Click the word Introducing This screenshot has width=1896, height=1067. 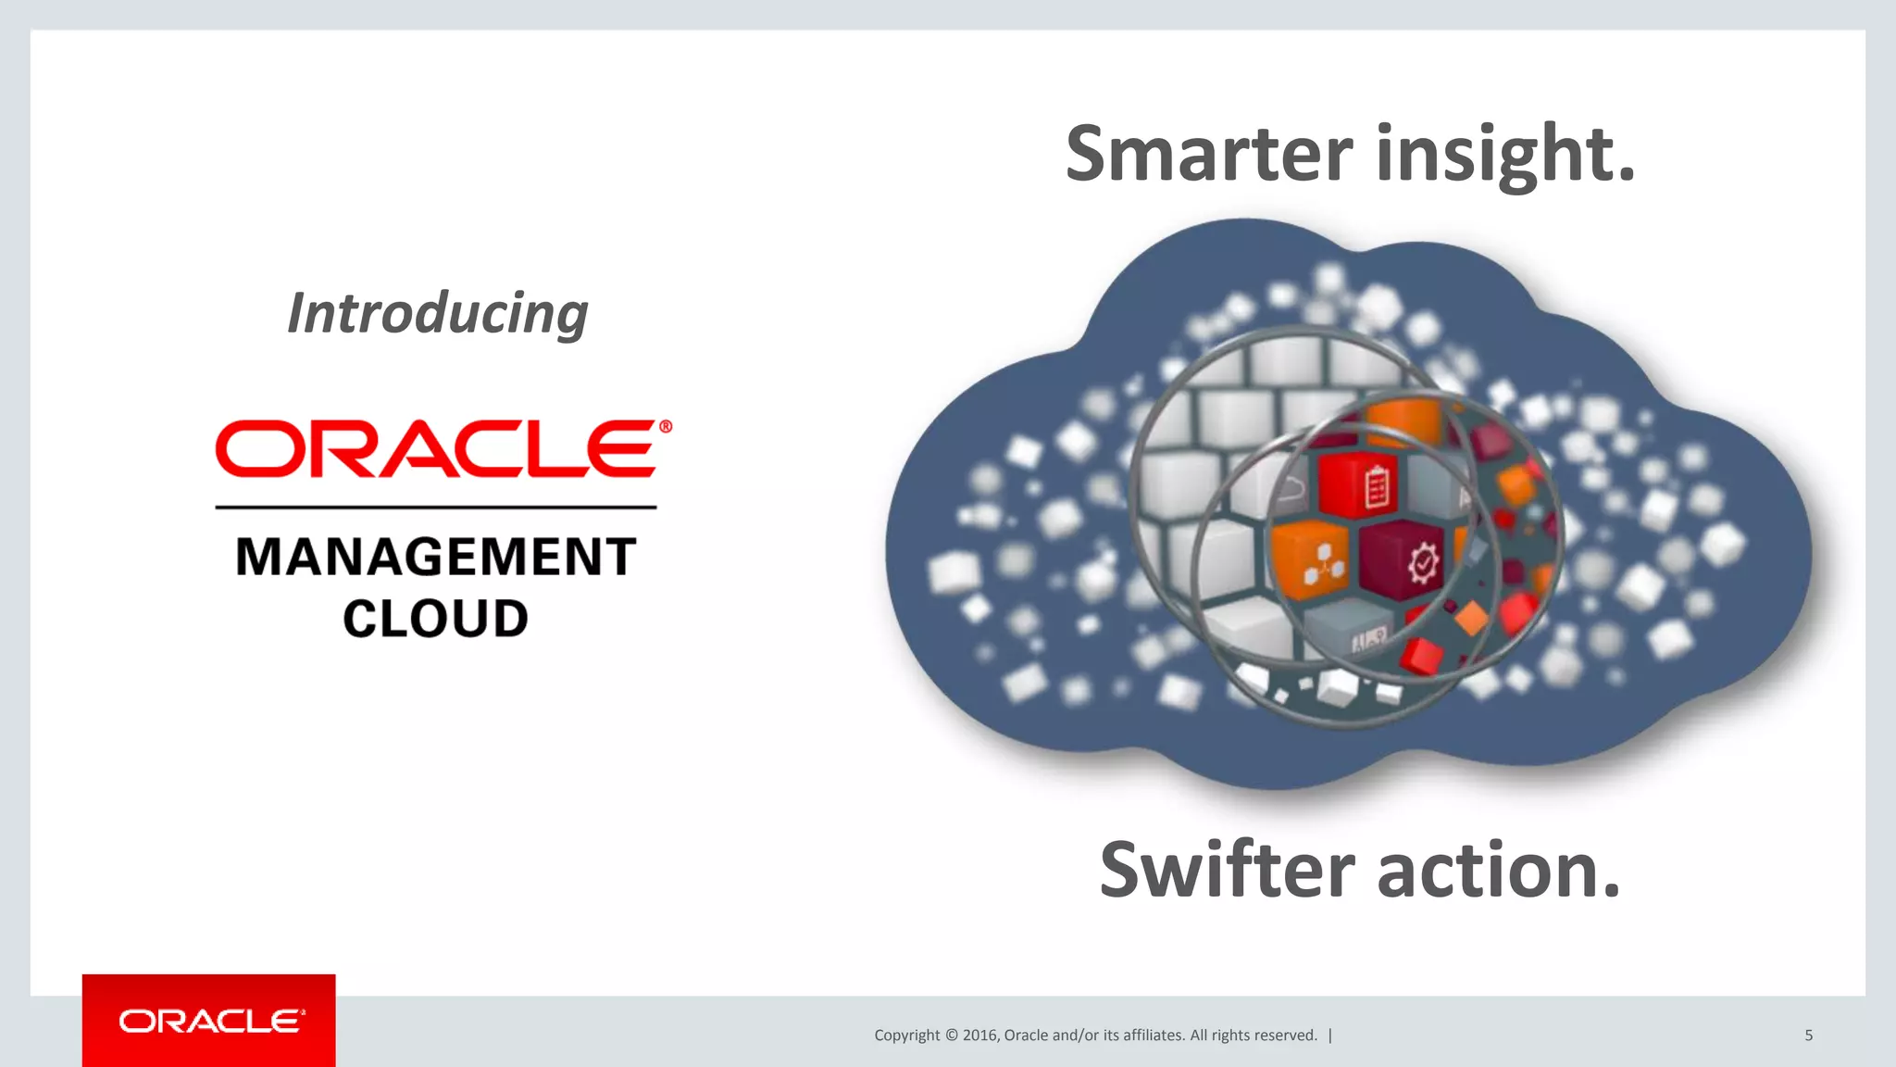(437, 314)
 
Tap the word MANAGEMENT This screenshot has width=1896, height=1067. (436, 558)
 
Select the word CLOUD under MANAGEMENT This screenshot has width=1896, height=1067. (436, 619)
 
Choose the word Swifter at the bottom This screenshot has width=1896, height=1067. (1227, 871)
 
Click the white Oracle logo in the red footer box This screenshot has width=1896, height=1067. (210, 1021)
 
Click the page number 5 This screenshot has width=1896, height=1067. (1808, 1036)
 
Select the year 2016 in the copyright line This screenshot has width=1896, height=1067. (979, 1036)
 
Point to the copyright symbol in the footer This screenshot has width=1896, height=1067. (951, 1036)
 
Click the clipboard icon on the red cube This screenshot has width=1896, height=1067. (1377, 487)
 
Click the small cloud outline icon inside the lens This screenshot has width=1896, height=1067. (1291, 488)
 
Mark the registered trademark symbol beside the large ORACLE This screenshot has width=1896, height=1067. (665, 427)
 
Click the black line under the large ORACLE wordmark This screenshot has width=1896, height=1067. (436, 508)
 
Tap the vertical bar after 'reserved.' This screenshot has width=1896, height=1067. (1330, 1036)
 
